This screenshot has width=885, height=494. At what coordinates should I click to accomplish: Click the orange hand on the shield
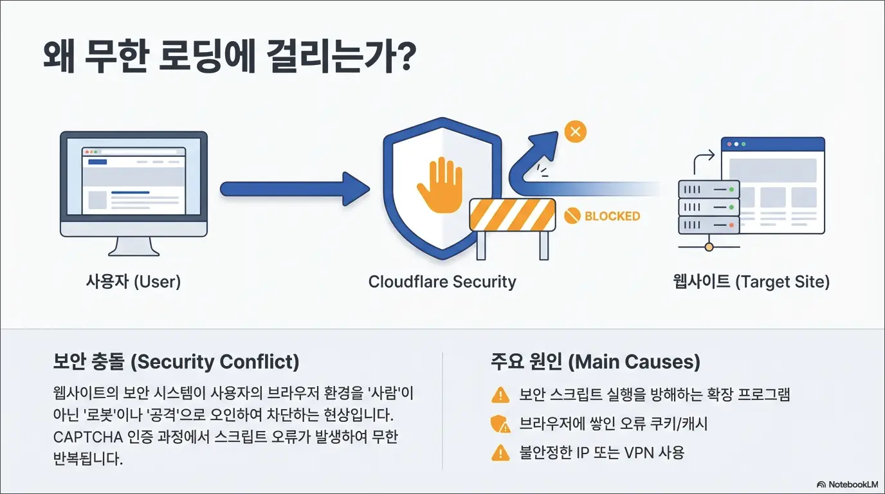click(x=440, y=186)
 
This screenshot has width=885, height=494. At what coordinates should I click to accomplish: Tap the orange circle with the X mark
click(x=575, y=132)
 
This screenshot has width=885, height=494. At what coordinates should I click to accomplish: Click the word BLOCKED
click(x=612, y=216)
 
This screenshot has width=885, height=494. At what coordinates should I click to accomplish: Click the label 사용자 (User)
click(x=133, y=282)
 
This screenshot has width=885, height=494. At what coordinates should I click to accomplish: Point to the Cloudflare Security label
click(x=442, y=282)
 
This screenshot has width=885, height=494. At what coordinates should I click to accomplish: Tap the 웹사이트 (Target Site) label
click(x=751, y=282)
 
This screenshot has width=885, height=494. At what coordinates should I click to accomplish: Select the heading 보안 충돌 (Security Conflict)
click(x=176, y=361)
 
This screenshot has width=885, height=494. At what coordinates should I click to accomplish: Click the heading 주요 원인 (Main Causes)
click(x=596, y=361)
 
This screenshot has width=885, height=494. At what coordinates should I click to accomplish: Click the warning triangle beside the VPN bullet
click(x=500, y=453)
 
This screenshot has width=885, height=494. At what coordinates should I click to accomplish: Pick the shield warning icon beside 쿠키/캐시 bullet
click(x=500, y=424)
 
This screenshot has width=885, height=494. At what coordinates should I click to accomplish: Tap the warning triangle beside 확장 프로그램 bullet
click(x=500, y=395)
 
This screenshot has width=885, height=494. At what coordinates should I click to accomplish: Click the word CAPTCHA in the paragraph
click(x=88, y=437)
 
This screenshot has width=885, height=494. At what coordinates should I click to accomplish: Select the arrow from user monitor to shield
click(x=295, y=189)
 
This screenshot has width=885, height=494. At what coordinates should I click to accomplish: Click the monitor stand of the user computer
click(x=134, y=246)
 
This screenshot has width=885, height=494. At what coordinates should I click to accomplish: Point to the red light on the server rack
click(x=731, y=225)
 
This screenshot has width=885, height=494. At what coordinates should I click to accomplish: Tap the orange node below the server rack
click(x=709, y=248)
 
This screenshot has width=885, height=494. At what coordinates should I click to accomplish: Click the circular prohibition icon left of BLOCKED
click(x=572, y=215)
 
